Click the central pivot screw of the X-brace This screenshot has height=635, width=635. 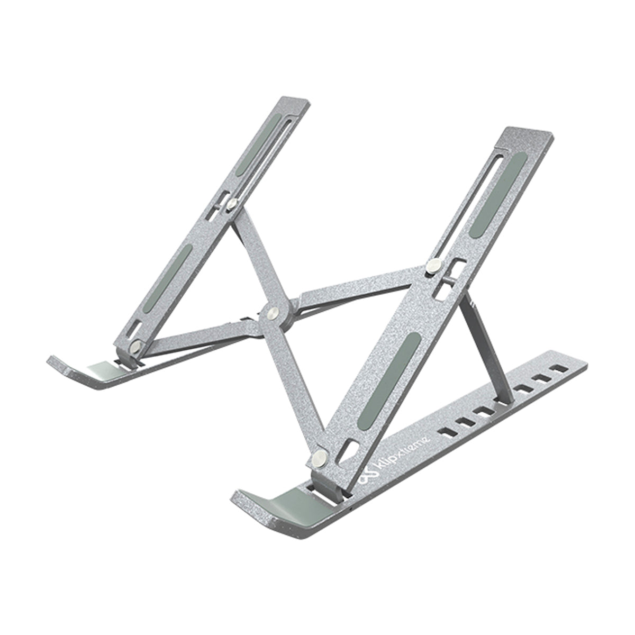273,312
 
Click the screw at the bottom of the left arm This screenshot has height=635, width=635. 137,347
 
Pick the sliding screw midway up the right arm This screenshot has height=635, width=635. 433,266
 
